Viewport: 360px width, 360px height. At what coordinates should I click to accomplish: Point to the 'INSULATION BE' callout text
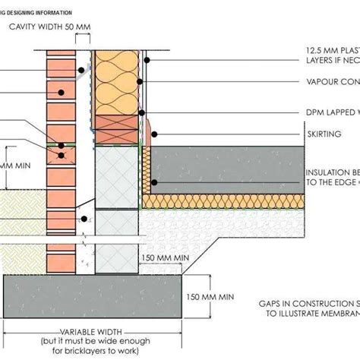click(332, 172)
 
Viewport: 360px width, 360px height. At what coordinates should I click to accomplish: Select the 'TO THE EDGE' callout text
click(332, 182)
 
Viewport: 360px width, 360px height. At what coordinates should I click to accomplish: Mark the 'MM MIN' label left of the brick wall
click(16, 165)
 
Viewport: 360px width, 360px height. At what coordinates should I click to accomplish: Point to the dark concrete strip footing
click(91, 296)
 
